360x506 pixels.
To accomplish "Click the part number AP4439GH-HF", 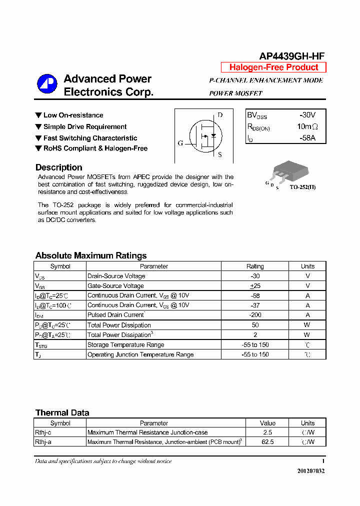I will coord(292,56).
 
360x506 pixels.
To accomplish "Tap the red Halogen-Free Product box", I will coord(273,67).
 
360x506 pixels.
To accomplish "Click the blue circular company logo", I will coord(47,84).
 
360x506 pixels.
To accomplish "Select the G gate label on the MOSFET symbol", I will coord(180,143).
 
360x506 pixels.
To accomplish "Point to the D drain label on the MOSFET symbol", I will coord(219,115).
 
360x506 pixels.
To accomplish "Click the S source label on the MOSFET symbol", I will coord(219,154).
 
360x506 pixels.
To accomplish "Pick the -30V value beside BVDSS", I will coord(307,115).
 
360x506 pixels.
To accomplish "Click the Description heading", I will coord(59,167).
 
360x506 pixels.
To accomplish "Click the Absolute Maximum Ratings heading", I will coord(91,255).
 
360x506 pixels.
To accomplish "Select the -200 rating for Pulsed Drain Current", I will coord(255,315).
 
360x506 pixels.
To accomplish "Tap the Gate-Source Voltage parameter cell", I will coord(115,286).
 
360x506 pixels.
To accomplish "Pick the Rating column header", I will coord(255,266).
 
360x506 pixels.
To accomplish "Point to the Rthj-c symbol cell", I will coord(46,432).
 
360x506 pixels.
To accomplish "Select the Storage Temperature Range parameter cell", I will coord(125,345).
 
